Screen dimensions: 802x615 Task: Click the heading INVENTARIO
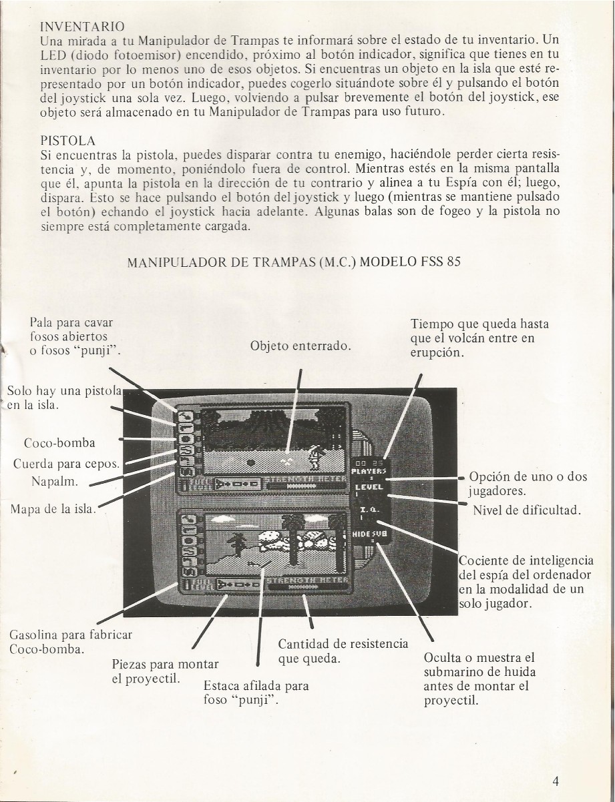tap(82, 27)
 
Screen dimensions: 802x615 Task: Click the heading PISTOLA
tap(68, 141)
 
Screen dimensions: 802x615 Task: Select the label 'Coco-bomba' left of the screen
tap(59, 443)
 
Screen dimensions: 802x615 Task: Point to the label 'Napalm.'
tap(55, 481)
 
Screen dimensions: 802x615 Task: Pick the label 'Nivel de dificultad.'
tap(526, 511)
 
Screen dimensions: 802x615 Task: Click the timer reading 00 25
tap(369, 462)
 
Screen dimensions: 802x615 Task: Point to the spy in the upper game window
tap(317, 455)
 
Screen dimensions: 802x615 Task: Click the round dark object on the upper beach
tap(251, 461)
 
